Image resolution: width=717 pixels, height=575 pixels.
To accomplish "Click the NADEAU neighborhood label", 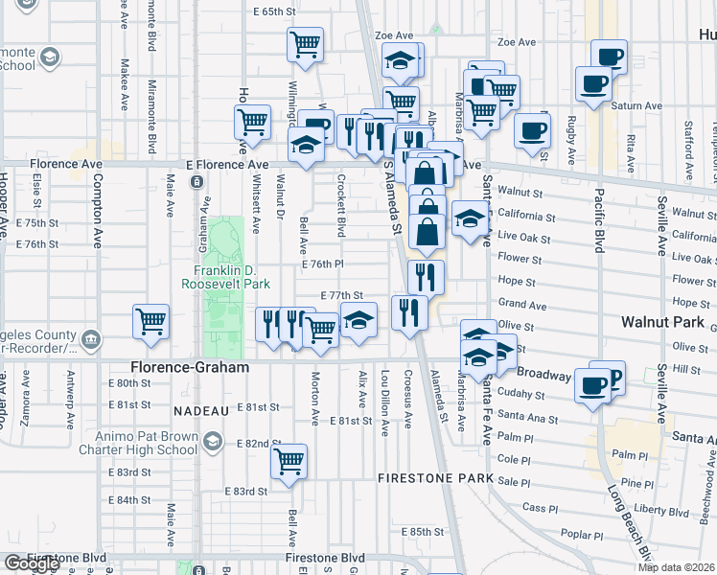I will [199, 410].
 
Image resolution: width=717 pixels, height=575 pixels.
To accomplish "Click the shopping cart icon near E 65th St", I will [305, 44].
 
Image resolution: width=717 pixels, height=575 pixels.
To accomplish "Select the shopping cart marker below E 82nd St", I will [289, 461].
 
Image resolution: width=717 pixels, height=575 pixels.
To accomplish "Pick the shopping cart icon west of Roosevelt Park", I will [151, 321].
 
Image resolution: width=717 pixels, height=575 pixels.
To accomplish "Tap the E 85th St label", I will [423, 531].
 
